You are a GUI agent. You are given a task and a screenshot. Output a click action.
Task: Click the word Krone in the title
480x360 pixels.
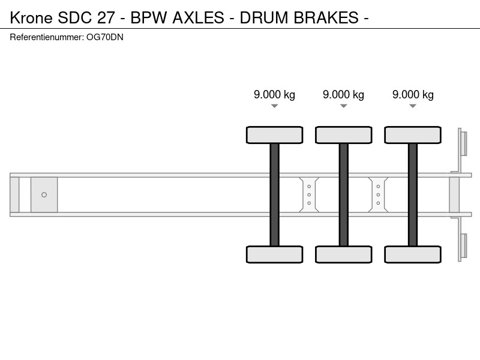(x=31, y=18)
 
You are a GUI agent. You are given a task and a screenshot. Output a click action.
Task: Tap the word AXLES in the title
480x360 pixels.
(x=199, y=18)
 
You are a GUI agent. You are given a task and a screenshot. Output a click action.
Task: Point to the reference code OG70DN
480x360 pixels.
(x=105, y=37)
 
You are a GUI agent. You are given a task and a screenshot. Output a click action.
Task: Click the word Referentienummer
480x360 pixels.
(x=47, y=37)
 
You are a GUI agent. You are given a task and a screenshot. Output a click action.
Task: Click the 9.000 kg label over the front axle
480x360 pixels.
(x=274, y=95)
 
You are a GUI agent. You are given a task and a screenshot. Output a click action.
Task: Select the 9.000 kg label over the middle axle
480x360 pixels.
(x=343, y=95)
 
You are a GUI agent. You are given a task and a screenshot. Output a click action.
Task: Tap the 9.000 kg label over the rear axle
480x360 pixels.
(x=413, y=95)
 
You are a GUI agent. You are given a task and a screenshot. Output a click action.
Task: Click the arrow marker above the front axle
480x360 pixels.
(x=275, y=106)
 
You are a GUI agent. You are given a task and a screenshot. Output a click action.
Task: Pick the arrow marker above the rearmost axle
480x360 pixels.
(x=413, y=106)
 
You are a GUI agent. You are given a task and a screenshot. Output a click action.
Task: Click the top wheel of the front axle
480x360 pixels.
(x=275, y=135)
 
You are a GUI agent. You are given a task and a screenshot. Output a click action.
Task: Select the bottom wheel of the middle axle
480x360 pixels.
(x=344, y=254)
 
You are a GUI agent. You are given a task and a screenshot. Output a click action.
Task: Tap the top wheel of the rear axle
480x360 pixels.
(x=413, y=135)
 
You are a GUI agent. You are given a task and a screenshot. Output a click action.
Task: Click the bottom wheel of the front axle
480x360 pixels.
(x=275, y=254)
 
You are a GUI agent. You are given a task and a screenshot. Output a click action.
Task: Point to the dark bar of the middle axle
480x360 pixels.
(x=344, y=194)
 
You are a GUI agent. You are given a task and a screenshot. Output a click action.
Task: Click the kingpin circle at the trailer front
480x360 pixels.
(x=44, y=194)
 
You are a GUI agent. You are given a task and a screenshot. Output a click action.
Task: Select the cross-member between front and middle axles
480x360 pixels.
(x=309, y=194)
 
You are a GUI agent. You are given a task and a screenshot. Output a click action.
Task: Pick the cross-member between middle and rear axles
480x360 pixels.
(x=379, y=194)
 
